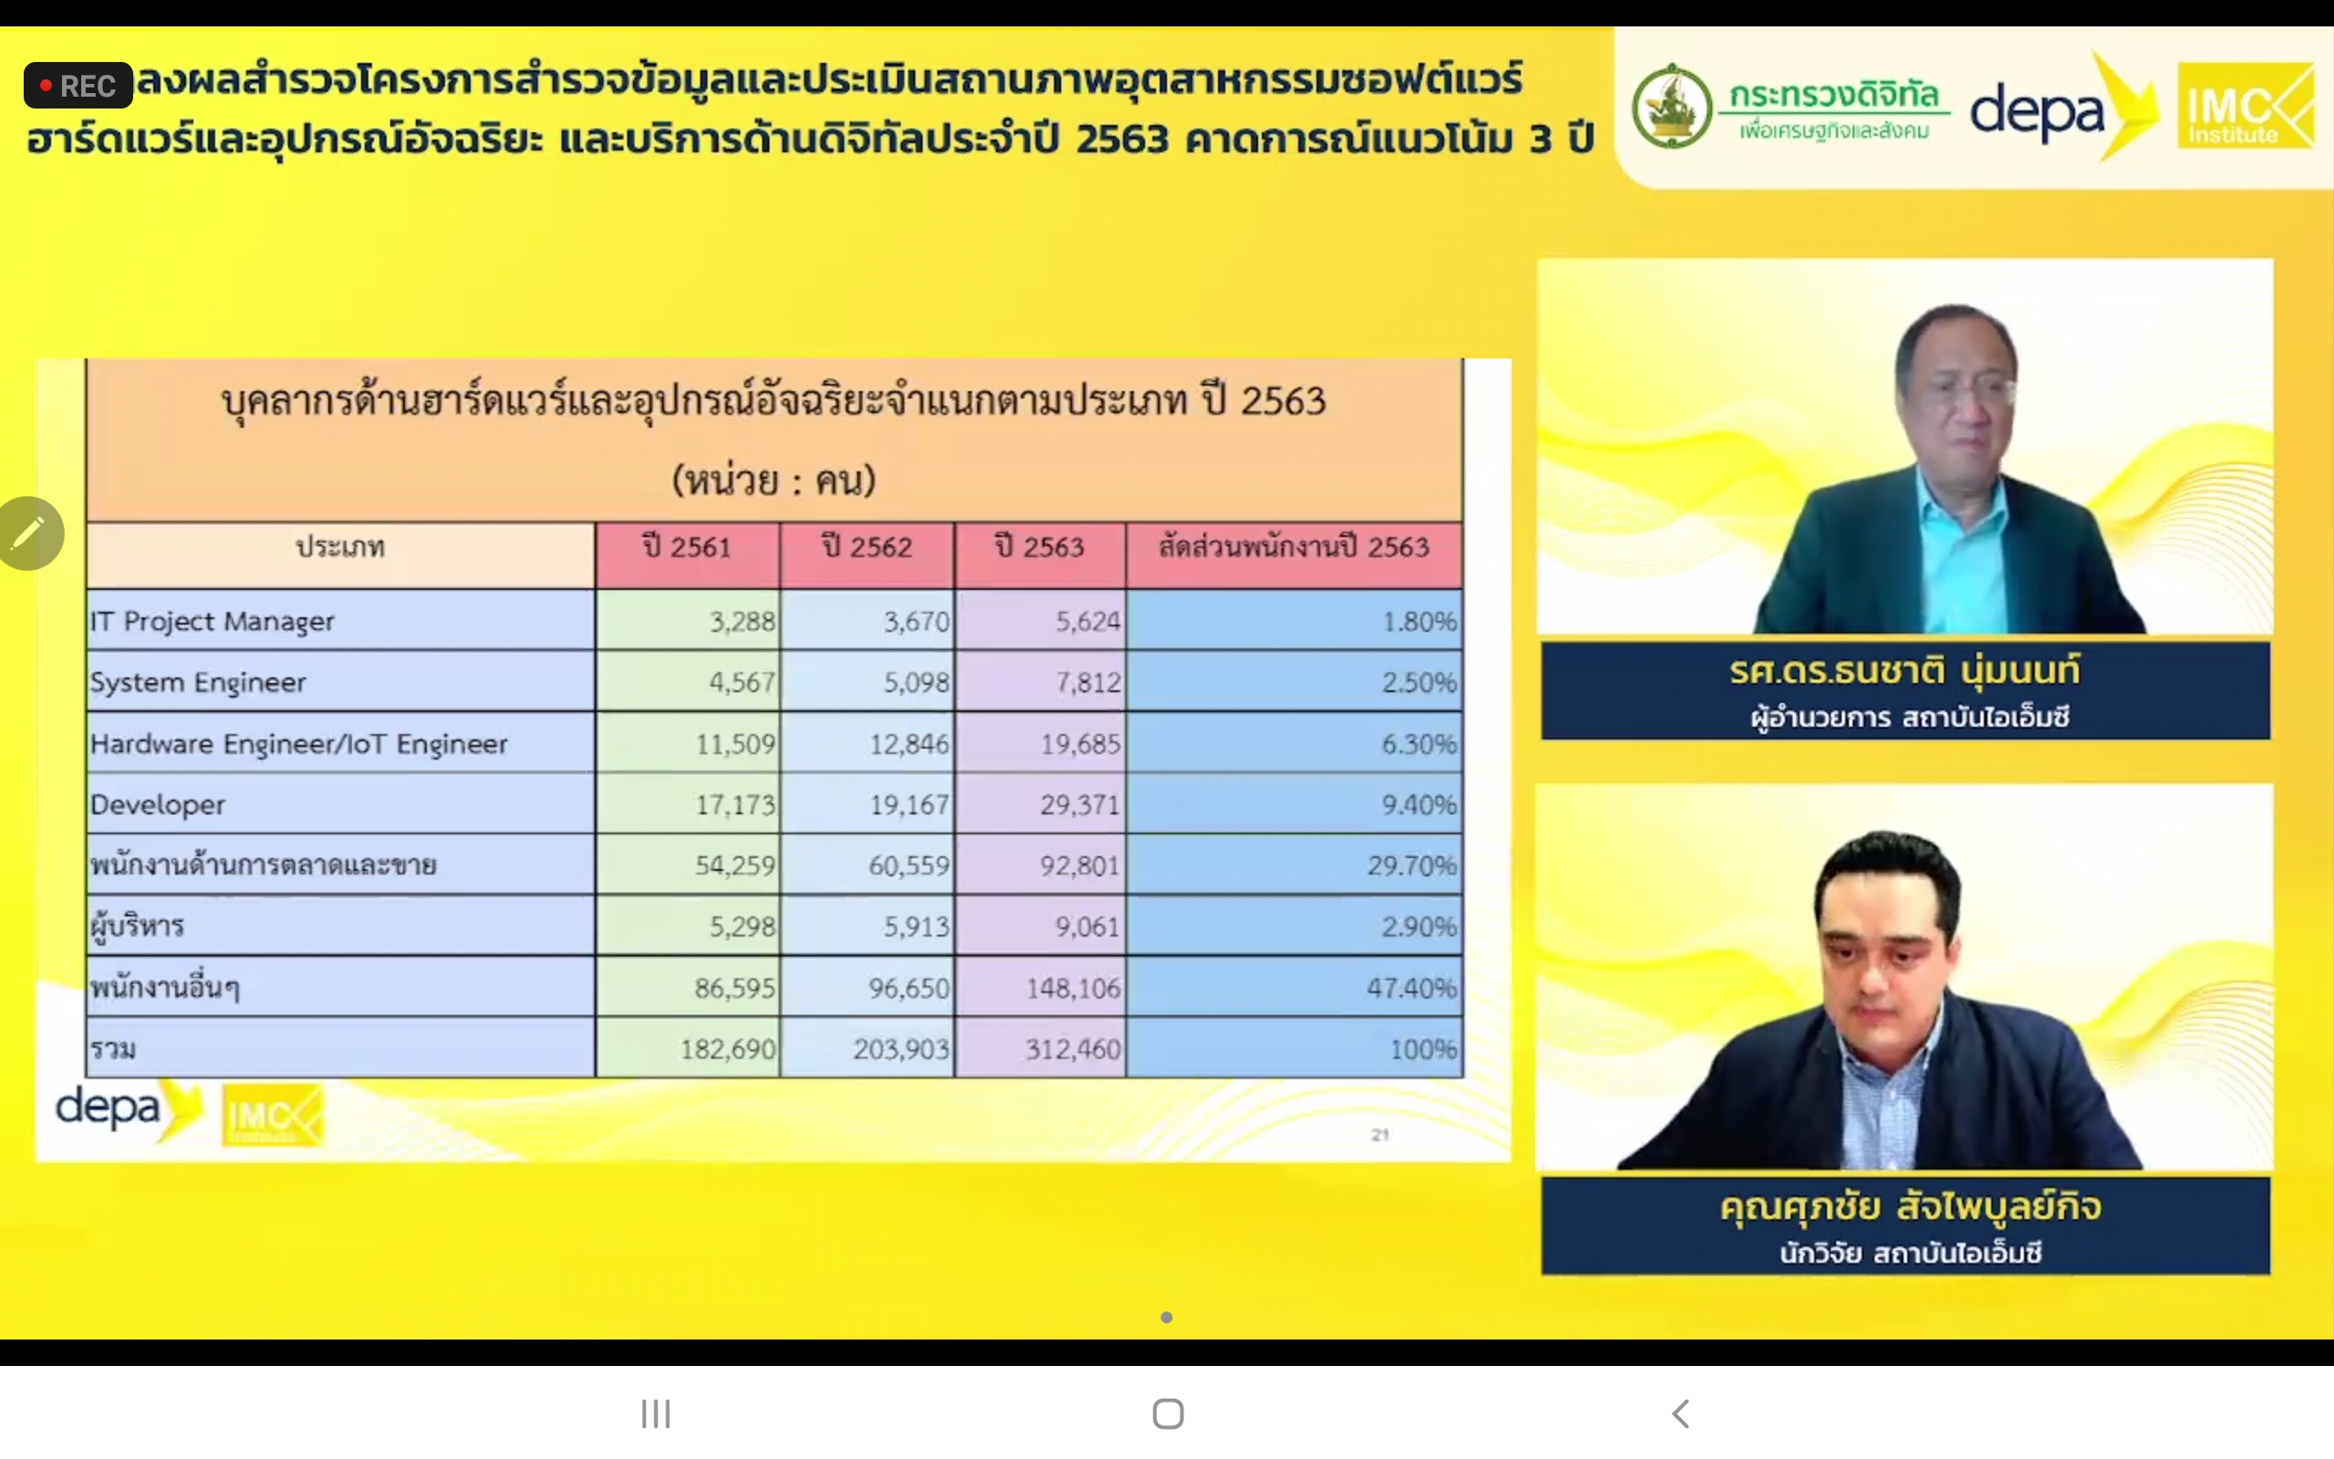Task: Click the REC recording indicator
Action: (x=78, y=86)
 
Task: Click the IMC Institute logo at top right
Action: (x=2246, y=106)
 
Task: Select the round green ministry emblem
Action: (x=1671, y=106)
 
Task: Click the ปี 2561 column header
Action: (x=687, y=547)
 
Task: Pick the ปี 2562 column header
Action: (x=867, y=547)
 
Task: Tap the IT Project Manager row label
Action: (x=212, y=621)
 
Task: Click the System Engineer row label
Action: (x=198, y=682)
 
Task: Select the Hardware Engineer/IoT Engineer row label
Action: (x=299, y=744)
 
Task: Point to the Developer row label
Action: (x=157, y=805)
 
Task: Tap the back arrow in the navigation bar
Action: (x=1680, y=1413)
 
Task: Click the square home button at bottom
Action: (x=1168, y=1413)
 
